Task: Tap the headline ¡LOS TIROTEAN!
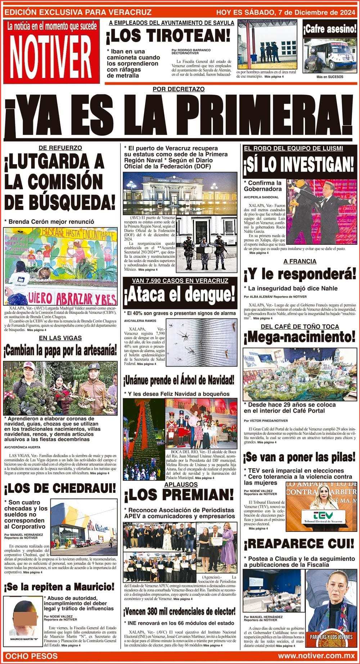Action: pos(168,36)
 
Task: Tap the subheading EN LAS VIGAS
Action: pos(60,338)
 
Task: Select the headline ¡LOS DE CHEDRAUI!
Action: pos(60,488)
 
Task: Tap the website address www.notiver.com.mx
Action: pos(317,656)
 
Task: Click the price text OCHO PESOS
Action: pos(32,656)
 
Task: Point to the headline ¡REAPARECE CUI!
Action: pos(299,543)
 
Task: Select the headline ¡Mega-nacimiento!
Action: pos(300,337)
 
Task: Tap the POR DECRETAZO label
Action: pos(179,89)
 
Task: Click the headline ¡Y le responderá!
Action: pos(300,275)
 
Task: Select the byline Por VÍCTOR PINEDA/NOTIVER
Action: pos(266,420)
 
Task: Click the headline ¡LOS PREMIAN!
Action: pos(179,496)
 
